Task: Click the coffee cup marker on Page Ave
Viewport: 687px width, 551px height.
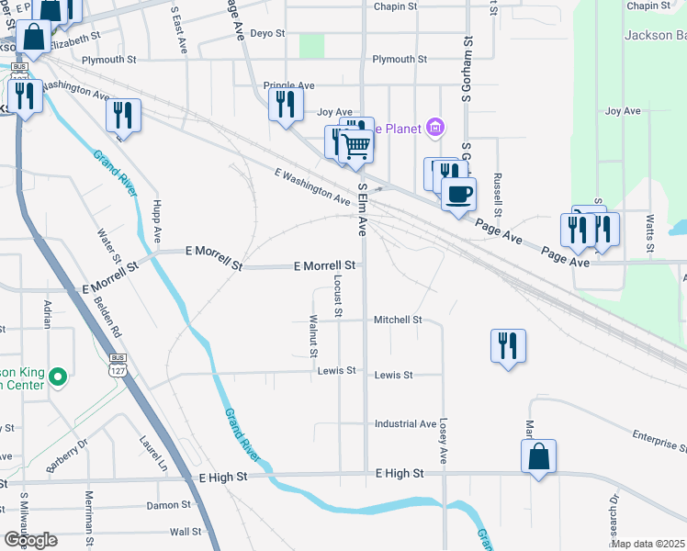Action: [458, 194]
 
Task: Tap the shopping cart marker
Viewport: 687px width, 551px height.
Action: [356, 145]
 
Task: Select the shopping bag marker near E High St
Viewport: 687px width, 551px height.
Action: [538, 455]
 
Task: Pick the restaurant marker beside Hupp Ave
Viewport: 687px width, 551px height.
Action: [122, 115]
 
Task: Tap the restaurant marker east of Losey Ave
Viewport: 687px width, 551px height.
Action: [508, 345]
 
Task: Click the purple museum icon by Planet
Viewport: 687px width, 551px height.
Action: [436, 129]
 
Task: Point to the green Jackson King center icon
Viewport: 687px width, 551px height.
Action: [58, 377]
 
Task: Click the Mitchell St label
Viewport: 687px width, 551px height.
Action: [398, 320]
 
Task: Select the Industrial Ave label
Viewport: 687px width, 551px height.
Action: [405, 424]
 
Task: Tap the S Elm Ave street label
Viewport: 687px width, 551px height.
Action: [363, 210]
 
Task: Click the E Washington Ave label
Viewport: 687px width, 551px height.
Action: [312, 186]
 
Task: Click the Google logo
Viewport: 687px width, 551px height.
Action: [30, 539]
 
